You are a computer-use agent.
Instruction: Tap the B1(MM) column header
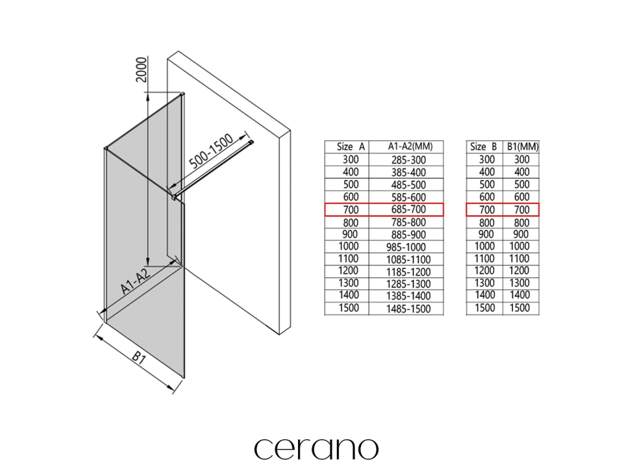coord(522,147)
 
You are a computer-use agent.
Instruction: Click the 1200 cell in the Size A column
coord(347,271)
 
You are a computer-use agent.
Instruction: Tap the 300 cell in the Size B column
coord(486,160)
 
